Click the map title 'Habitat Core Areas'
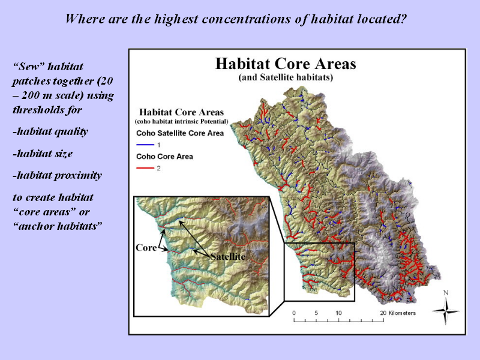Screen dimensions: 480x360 [x=286, y=64]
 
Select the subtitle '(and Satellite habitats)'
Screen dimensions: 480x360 [x=286, y=77]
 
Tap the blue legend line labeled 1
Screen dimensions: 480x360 [x=145, y=145]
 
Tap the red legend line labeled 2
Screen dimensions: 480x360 [x=145, y=168]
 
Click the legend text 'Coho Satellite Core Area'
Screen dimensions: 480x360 [x=180, y=133]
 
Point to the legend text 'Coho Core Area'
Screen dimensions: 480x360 [x=164, y=157]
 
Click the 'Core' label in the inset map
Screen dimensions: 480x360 [x=146, y=247]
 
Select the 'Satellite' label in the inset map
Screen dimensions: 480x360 [x=228, y=256]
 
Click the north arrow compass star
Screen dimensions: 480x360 [x=445, y=311]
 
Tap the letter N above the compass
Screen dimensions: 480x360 [x=446, y=293]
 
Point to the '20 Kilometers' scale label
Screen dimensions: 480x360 [x=398, y=313]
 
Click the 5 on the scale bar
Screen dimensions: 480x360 [x=316, y=313]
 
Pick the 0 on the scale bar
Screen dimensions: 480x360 [x=294, y=313]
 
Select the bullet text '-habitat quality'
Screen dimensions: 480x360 [x=50, y=131]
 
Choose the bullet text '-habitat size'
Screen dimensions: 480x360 [x=43, y=154]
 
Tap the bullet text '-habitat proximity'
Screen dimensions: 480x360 [x=57, y=175]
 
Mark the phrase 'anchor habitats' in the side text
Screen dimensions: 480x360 [x=58, y=226]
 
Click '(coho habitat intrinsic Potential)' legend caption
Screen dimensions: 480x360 [x=182, y=122]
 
